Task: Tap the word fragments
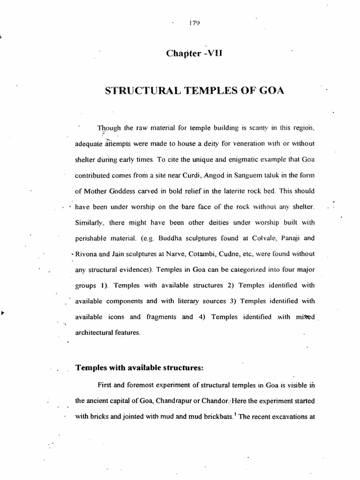(157, 317)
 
